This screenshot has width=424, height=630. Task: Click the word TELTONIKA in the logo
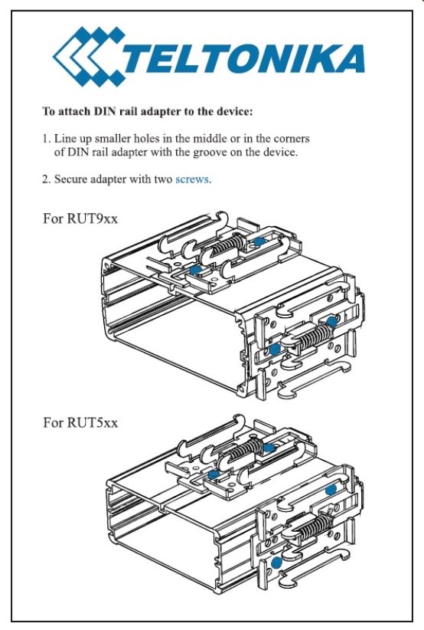[243, 59]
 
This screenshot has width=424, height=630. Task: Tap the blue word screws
[192, 179]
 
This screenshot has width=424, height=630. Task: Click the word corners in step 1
[292, 139]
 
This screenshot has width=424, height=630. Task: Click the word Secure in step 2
[70, 179]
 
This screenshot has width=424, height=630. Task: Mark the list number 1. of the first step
[47, 139]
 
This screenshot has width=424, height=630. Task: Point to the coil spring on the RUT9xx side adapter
[316, 336]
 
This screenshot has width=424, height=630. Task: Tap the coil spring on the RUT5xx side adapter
[318, 528]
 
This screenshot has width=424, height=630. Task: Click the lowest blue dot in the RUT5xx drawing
[276, 562]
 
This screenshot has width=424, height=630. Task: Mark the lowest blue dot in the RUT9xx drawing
[275, 349]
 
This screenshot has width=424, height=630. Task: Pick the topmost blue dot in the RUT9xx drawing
[260, 241]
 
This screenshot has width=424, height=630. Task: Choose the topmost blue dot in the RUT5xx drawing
[269, 448]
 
